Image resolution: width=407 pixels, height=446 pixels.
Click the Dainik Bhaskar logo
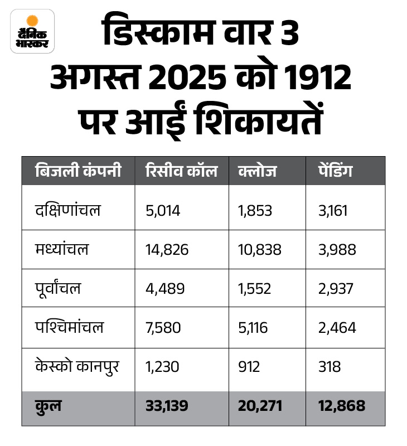click(32, 31)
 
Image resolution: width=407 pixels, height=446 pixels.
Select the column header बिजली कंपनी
click(77, 171)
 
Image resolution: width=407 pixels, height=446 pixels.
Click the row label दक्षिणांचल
click(67, 210)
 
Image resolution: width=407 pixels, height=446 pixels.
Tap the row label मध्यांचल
click(61, 249)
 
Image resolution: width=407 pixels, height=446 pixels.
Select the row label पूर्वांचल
click(58, 288)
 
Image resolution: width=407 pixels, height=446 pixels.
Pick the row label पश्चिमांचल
click(69, 327)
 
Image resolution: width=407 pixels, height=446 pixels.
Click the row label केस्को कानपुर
click(76, 366)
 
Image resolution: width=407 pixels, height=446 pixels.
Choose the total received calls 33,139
click(168, 405)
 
